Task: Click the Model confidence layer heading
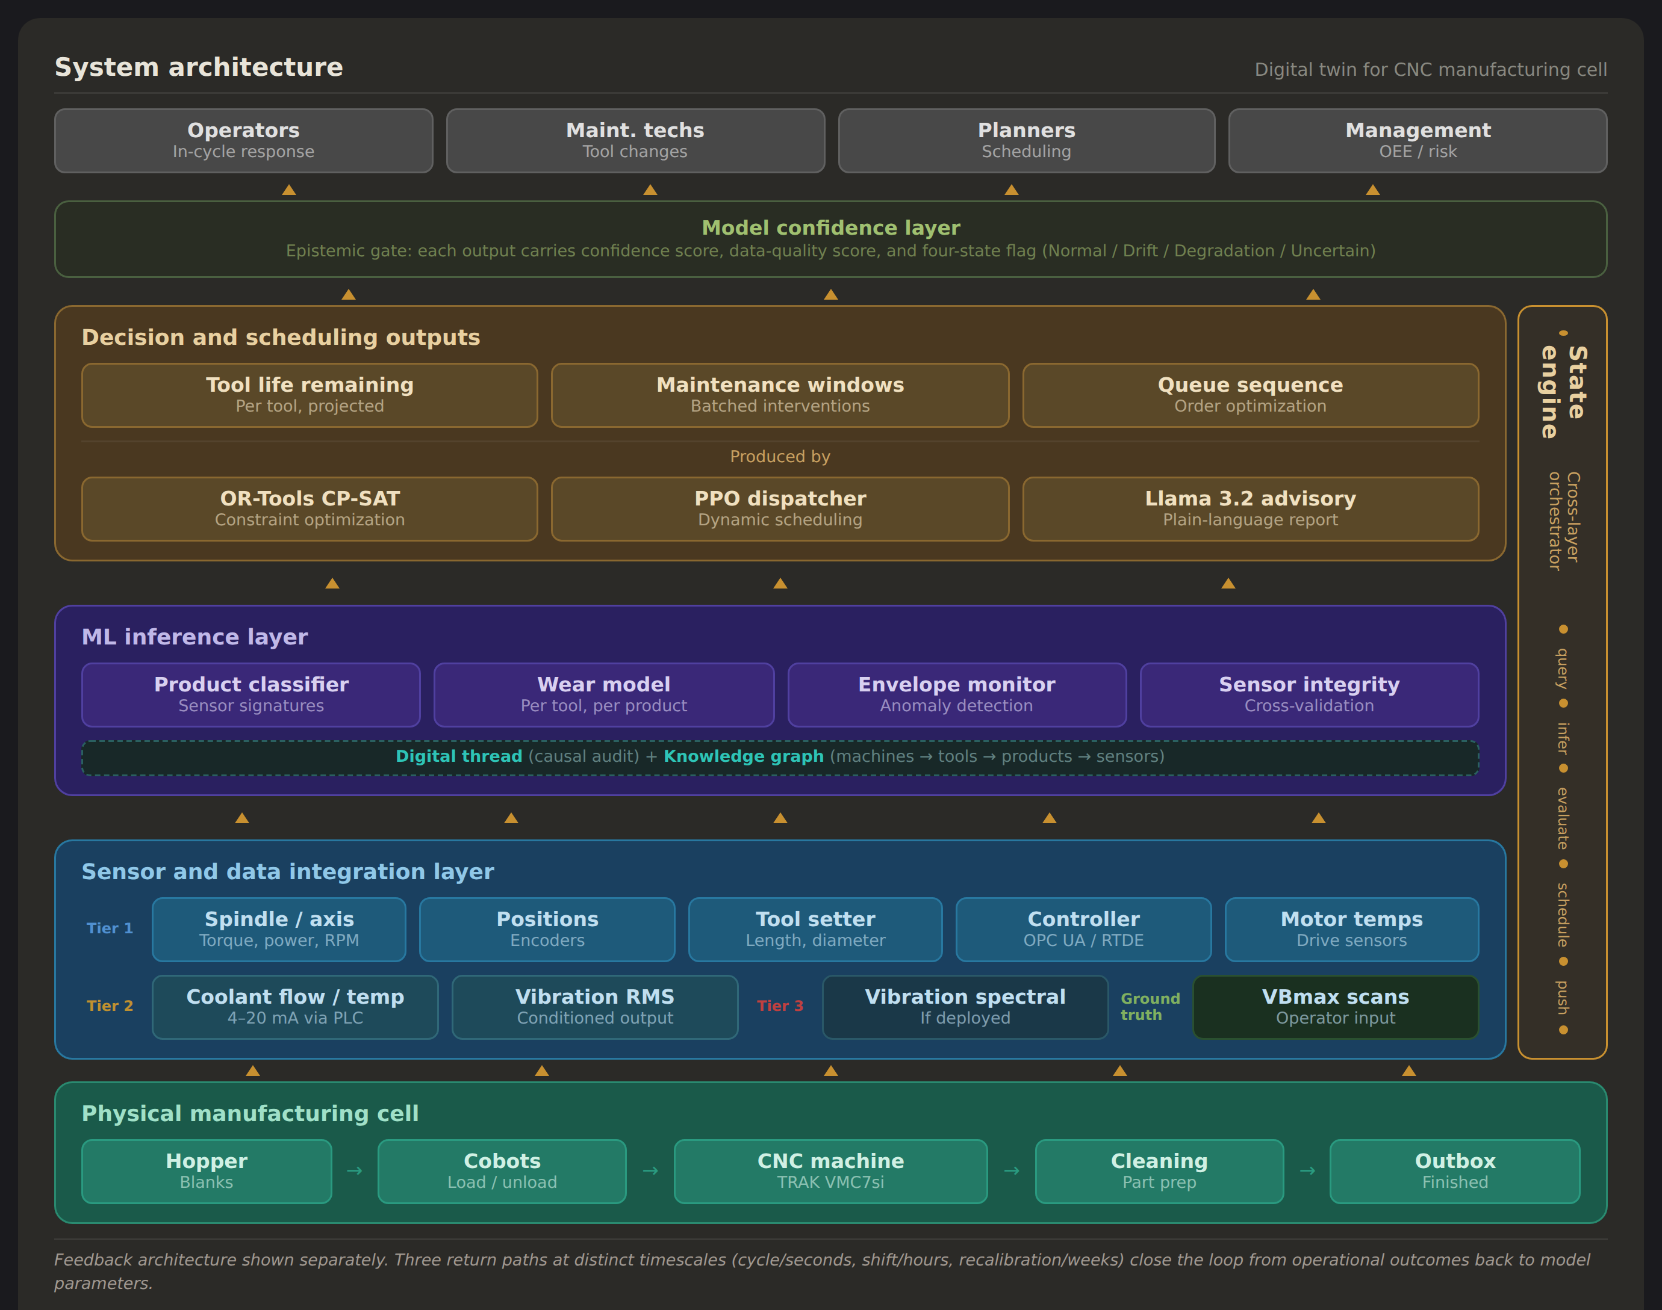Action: [x=830, y=228]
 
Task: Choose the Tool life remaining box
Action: [x=310, y=395]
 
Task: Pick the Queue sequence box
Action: [x=1250, y=395]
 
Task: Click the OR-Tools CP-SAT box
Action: [x=310, y=508]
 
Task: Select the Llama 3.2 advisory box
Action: [x=1250, y=508]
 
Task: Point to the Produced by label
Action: [x=780, y=456]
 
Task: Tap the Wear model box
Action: [x=604, y=694]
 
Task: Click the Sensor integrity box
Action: [x=1309, y=694]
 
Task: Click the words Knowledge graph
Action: [x=742, y=756]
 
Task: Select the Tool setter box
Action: [x=815, y=929]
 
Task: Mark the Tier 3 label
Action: [x=780, y=1006]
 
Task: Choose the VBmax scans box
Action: [x=1335, y=1006]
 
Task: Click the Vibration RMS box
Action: [x=595, y=1006]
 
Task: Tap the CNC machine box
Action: [x=830, y=1170]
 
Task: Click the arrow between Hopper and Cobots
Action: [x=355, y=1171]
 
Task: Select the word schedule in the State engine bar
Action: [x=1562, y=914]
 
